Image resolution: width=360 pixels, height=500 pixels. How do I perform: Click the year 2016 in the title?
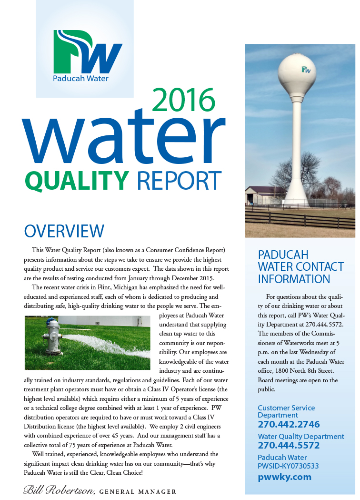point(184,100)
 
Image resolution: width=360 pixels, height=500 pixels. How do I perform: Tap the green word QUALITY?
point(77,180)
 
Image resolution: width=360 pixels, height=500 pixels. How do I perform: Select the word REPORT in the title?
point(179,180)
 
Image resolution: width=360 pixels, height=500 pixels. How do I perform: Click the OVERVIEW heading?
point(64,231)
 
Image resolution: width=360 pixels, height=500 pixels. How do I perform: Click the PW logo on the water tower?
point(306,70)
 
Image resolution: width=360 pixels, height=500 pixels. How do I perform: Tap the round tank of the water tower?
point(300,71)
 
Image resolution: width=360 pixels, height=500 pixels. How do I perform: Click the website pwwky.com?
point(284,477)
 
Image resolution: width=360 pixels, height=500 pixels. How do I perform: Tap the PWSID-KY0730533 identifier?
point(288,466)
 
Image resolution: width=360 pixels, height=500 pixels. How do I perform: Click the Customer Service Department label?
point(286,411)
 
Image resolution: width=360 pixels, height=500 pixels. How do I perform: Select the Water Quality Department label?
point(300,436)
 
